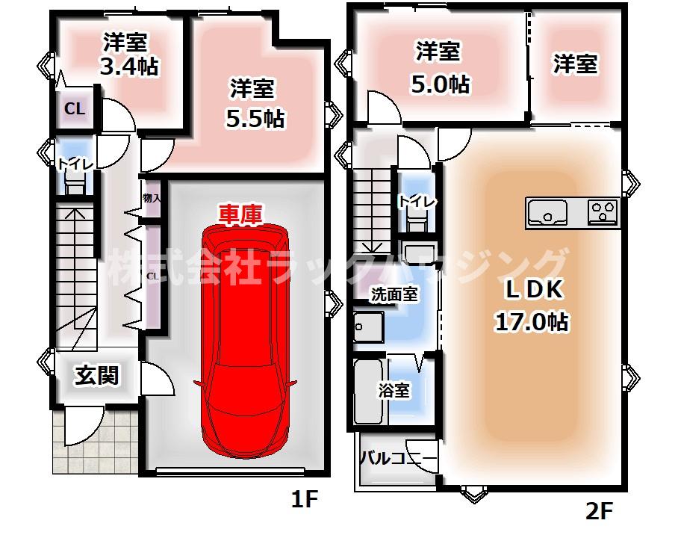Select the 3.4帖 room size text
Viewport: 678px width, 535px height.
pos(129,67)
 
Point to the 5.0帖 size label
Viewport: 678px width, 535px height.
pos(440,84)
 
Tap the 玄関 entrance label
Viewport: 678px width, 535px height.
pos(96,376)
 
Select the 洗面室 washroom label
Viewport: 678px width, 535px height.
pos(394,294)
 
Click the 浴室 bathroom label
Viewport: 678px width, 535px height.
pos(394,390)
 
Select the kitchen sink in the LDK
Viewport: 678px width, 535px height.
pos(548,213)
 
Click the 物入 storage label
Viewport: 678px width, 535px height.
pos(151,198)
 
